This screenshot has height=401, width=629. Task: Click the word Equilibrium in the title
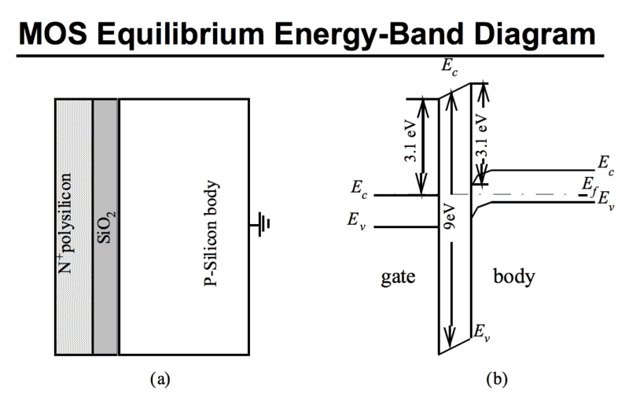click(208, 33)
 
